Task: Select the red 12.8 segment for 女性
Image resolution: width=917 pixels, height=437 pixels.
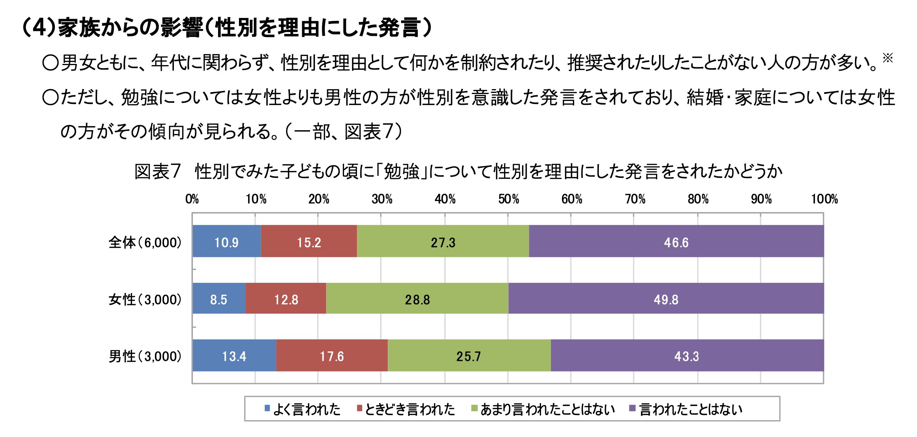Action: (286, 299)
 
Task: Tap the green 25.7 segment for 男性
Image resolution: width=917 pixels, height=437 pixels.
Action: (469, 356)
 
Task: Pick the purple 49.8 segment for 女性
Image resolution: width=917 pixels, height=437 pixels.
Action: (666, 299)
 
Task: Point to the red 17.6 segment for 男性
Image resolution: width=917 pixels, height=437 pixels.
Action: (332, 356)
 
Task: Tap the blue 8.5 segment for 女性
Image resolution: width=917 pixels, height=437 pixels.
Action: (219, 299)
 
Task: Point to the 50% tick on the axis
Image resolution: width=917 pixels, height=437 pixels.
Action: (508, 199)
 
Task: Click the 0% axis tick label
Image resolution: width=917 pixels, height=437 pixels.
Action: (192, 199)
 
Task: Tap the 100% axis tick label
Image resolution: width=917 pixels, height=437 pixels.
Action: (824, 199)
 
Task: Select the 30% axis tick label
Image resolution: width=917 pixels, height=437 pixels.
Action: (382, 199)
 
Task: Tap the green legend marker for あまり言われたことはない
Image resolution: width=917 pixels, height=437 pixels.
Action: (474, 408)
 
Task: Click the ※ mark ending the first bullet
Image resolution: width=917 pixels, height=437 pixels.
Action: (887, 58)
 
